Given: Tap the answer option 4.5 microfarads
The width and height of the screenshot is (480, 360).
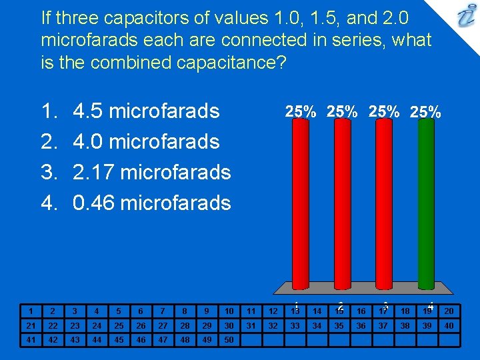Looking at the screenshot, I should point(146,111).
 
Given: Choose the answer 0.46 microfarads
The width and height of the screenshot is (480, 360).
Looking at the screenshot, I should point(151,203).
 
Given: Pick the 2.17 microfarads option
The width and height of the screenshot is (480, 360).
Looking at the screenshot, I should point(151,172).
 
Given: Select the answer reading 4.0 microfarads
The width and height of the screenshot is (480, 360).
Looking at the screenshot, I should point(146,141).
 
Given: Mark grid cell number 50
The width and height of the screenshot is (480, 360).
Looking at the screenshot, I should point(229,339).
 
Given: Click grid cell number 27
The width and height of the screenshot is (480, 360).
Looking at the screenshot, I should point(162,325).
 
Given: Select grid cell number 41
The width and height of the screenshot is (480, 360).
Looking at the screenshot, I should point(30,339).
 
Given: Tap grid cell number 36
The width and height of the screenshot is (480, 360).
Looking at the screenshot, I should point(361,325).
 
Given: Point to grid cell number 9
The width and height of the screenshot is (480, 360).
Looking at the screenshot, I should point(207,311).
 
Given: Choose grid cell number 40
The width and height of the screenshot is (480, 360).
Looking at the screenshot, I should point(449,325).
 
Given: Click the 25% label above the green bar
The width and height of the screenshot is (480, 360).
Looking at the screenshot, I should point(425,112).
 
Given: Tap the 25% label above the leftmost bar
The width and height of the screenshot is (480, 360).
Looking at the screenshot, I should point(301,112).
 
